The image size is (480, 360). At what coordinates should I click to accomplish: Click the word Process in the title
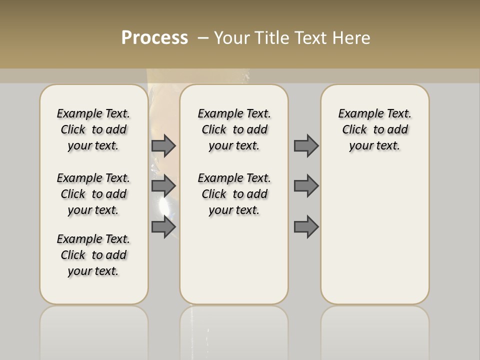(x=154, y=38)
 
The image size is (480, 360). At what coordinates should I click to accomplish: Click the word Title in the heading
(x=271, y=38)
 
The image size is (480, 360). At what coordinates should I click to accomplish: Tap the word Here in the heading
(x=350, y=38)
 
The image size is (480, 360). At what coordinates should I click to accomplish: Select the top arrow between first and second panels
(x=163, y=145)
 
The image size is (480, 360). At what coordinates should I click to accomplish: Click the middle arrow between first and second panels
(x=163, y=186)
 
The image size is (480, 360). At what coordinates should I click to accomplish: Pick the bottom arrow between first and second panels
(x=163, y=227)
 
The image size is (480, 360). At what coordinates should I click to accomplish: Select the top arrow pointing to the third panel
(x=306, y=145)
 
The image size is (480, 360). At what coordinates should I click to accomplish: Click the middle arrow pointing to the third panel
(x=306, y=186)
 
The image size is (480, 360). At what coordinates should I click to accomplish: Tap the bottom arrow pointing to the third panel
(x=306, y=227)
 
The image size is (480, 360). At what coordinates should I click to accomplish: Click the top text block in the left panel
(x=93, y=129)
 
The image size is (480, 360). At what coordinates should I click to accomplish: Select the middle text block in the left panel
(x=93, y=194)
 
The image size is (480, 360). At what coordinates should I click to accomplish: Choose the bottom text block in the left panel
(x=93, y=255)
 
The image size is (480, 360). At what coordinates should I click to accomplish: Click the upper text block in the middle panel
(x=234, y=129)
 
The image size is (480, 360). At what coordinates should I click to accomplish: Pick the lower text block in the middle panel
(x=234, y=194)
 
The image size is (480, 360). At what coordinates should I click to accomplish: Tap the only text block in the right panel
(x=374, y=129)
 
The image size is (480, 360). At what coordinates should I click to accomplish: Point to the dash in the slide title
(x=203, y=38)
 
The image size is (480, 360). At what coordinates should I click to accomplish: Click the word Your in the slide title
(x=232, y=38)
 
